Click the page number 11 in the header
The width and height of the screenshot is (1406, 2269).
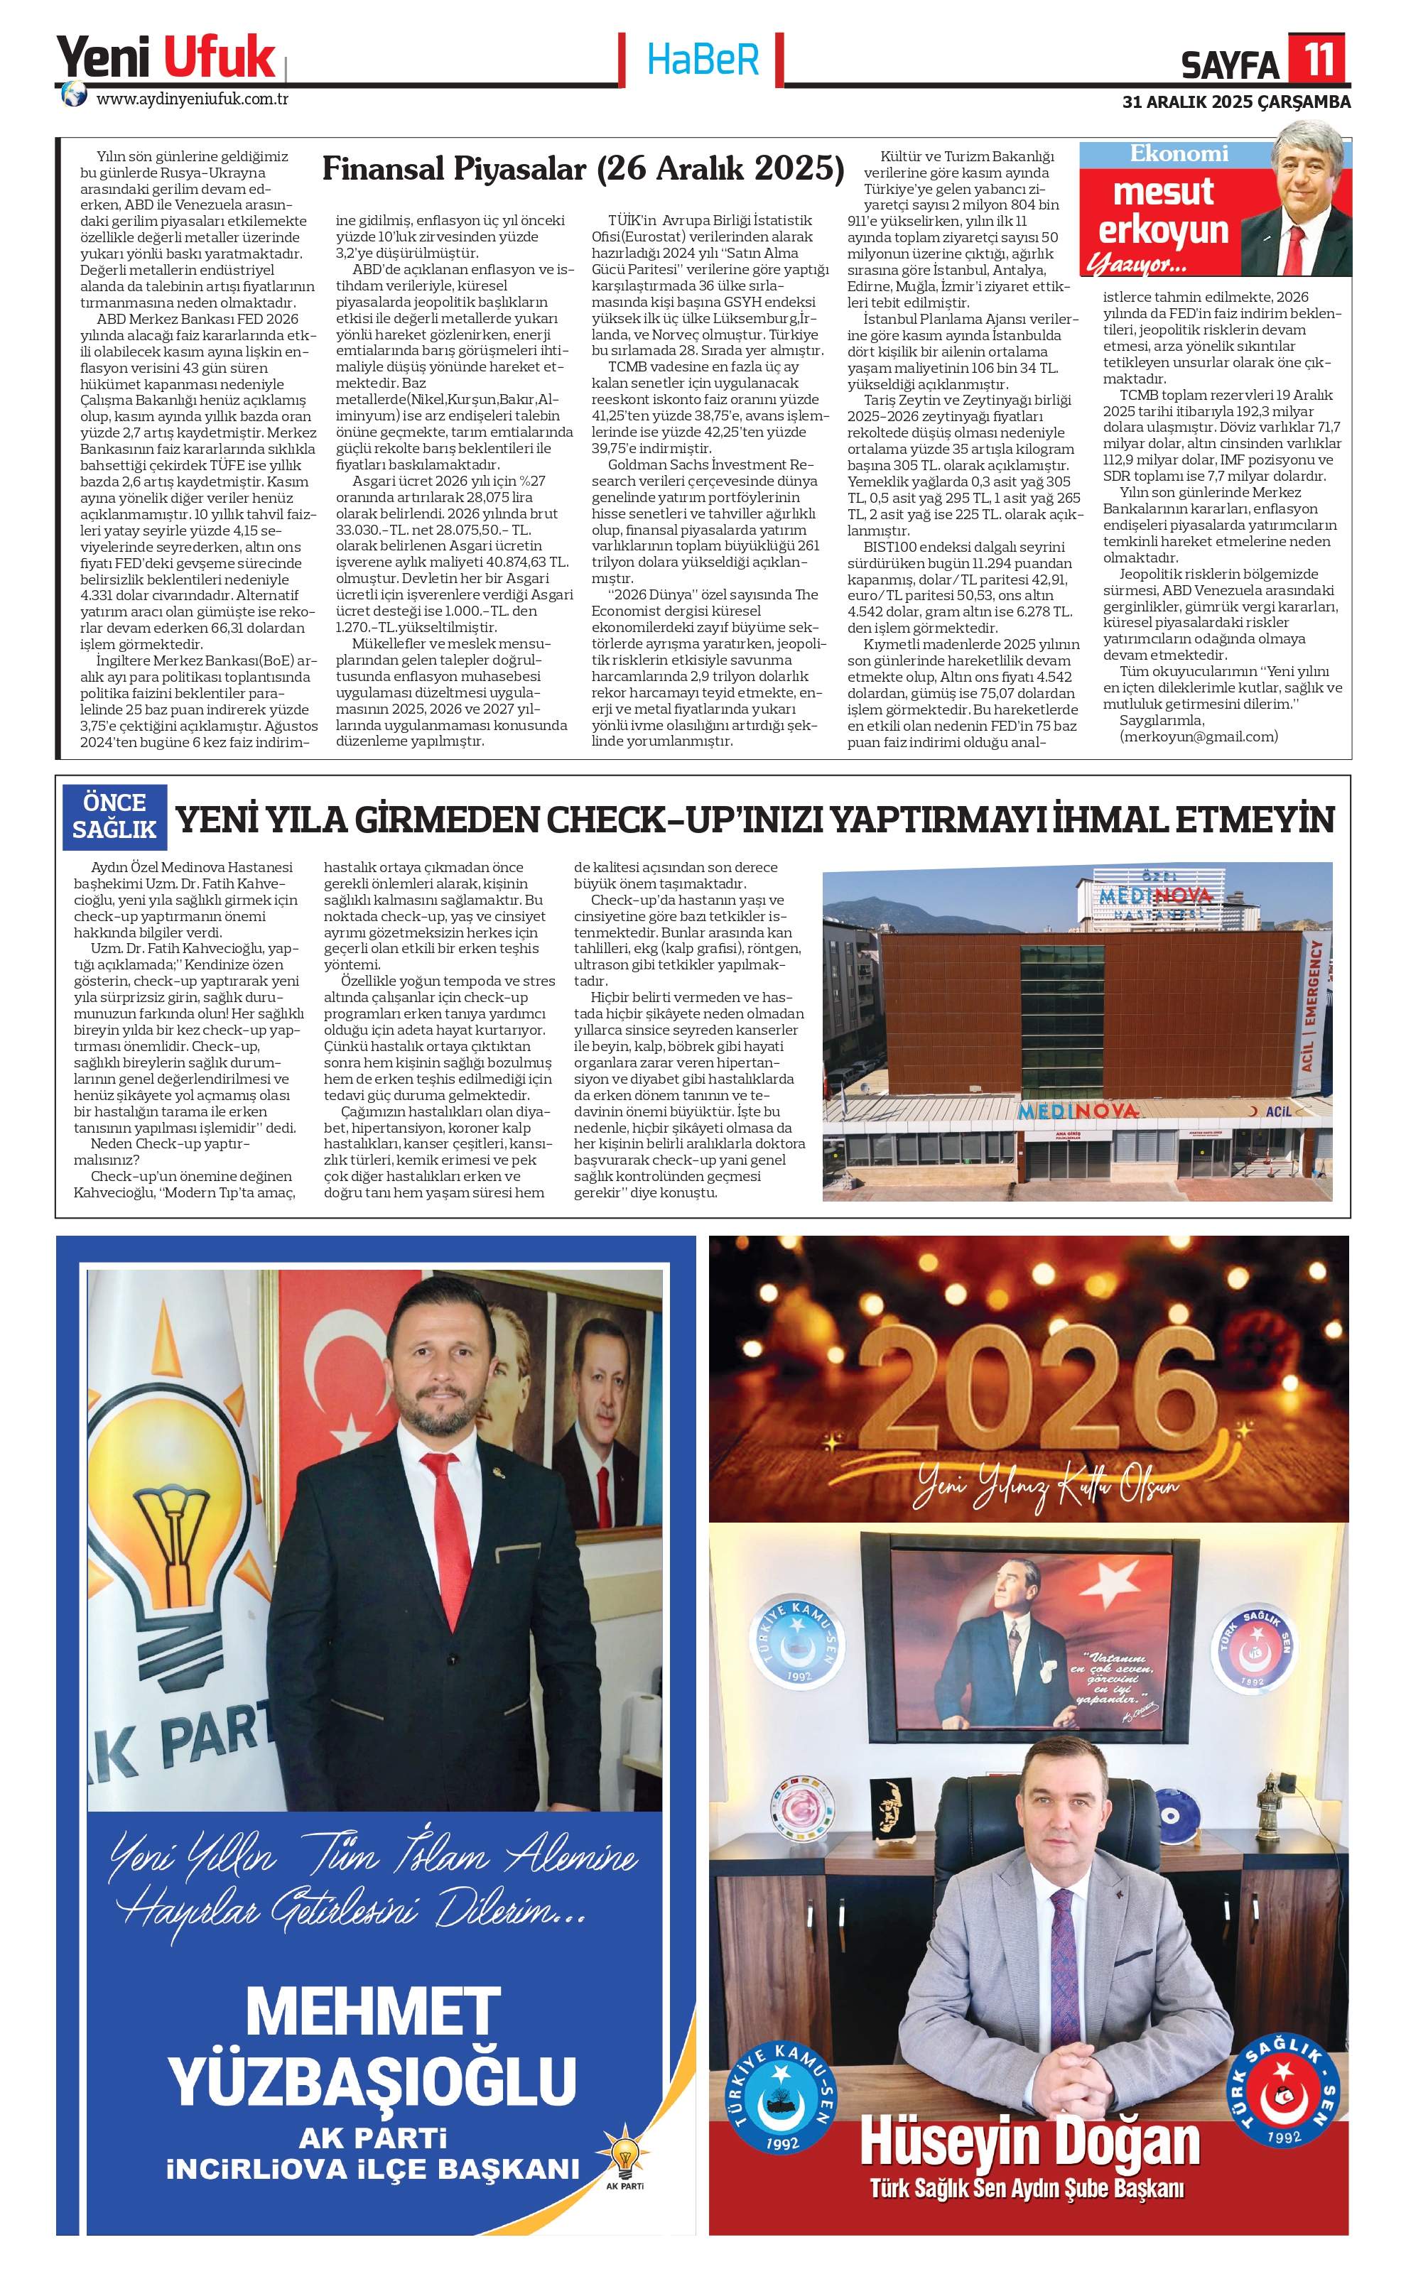tap(1318, 58)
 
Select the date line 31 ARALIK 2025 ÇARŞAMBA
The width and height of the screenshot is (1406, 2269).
tap(1235, 102)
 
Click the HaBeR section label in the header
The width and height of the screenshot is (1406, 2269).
tap(703, 60)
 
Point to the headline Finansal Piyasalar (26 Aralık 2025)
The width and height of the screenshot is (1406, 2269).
tap(583, 168)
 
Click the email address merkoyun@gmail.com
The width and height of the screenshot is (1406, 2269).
tap(1199, 736)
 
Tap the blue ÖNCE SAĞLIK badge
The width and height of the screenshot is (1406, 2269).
tap(114, 816)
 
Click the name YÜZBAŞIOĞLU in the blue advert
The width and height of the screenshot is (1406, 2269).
tap(372, 2079)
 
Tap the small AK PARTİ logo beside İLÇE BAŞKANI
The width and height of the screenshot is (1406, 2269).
tap(624, 2160)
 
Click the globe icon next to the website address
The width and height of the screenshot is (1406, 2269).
tap(73, 96)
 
